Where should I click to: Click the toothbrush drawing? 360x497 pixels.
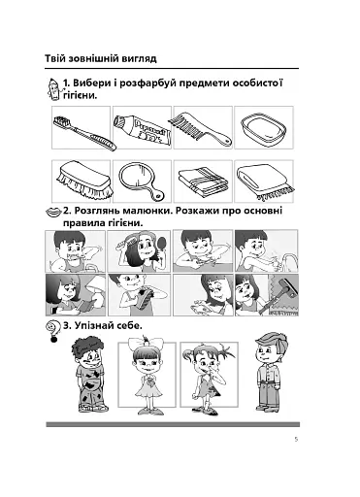pyautogui.click(x=83, y=133)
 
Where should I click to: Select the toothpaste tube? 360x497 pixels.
pyautogui.click(x=142, y=130)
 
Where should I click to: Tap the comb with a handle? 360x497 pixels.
pyautogui.click(x=200, y=128)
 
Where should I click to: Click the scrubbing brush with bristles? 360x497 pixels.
pyautogui.click(x=85, y=181)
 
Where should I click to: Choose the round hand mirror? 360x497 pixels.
pyautogui.click(x=140, y=181)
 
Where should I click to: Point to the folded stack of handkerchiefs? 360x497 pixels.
pyautogui.click(x=202, y=181)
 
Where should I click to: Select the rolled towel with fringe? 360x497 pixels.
pyautogui.click(x=265, y=182)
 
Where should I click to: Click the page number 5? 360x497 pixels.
pyautogui.click(x=296, y=440)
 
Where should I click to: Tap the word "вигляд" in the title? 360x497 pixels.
pyautogui.click(x=140, y=59)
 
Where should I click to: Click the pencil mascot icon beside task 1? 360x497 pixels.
pyautogui.click(x=54, y=88)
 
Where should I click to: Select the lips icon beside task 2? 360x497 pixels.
pyautogui.click(x=53, y=213)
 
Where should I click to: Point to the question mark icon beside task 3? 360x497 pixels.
pyautogui.click(x=52, y=331)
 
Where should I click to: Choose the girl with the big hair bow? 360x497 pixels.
pyautogui.click(x=147, y=375)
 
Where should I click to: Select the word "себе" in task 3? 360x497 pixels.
pyautogui.click(x=129, y=326)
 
